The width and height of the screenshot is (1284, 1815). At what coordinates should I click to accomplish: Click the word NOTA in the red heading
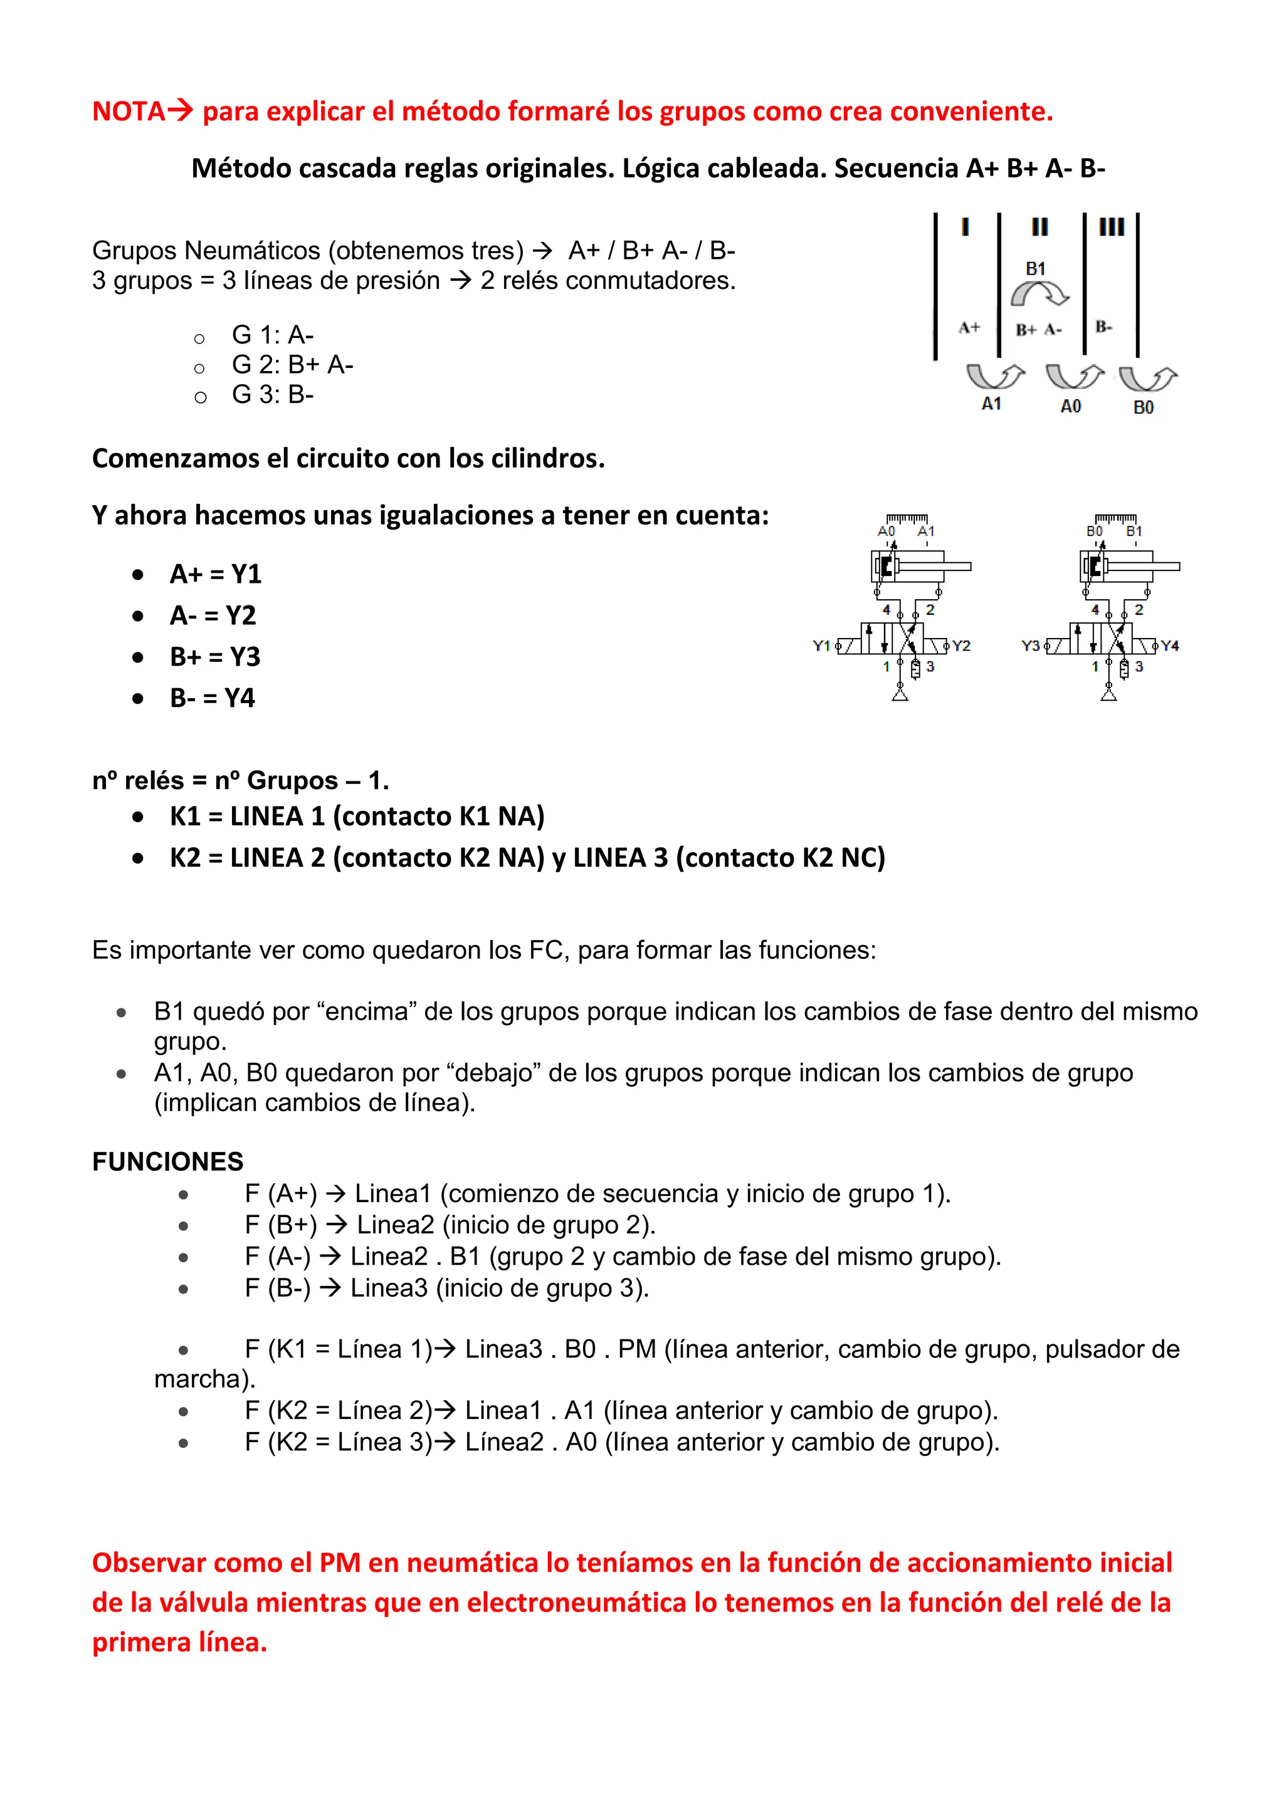(128, 112)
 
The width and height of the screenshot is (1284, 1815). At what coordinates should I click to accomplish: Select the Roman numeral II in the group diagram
(1039, 228)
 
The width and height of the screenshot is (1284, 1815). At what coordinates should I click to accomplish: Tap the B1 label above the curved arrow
(1035, 269)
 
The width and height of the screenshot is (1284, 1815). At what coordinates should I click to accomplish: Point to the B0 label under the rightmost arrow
(1144, 407)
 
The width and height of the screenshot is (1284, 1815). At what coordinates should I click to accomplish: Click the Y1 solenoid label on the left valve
(821, 646)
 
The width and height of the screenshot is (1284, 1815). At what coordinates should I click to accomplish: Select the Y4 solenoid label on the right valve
(1170, 646)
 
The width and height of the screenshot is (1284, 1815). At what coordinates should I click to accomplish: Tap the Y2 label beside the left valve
(960, 646)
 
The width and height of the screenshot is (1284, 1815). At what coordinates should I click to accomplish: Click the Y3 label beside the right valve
(1030, 646)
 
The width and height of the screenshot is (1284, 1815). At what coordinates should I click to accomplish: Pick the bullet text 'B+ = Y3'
(215, 657)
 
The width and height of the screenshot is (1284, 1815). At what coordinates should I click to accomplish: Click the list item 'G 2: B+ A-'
(293, 365)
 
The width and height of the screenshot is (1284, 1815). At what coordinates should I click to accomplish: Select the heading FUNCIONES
(167, 1161)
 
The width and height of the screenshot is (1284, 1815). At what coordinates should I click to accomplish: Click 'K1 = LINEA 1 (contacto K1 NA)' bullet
(357, 816)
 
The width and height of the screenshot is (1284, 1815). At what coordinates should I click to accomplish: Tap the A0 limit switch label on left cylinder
(887, 531)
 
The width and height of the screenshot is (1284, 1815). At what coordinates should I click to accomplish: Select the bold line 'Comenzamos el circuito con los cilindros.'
(348, 459)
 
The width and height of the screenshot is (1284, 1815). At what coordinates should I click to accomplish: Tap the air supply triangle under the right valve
(1108, 695)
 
